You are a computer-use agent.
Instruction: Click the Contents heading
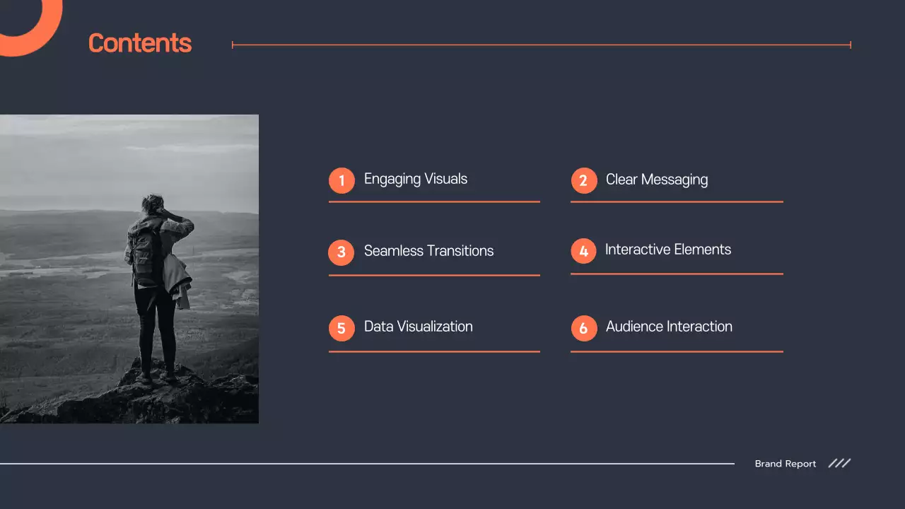tap(140, 44)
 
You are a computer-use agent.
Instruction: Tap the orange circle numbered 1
tap(341, 180)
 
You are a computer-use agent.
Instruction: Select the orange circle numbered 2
tap(583, 180)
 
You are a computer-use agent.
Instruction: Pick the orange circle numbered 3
tap(341, 252)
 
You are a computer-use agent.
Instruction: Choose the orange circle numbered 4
tap(583, 250)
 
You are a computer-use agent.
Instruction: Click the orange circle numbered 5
tap(341, 328)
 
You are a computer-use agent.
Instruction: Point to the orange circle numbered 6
tap(583, 328)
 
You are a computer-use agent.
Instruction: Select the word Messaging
tap(675, 180)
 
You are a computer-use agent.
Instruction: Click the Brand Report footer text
tap(785, 464)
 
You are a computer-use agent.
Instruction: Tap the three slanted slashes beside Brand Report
tap(839, 463)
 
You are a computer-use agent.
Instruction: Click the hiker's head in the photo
tap(153, 205)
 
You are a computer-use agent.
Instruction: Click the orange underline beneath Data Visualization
tap(434, 351)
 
